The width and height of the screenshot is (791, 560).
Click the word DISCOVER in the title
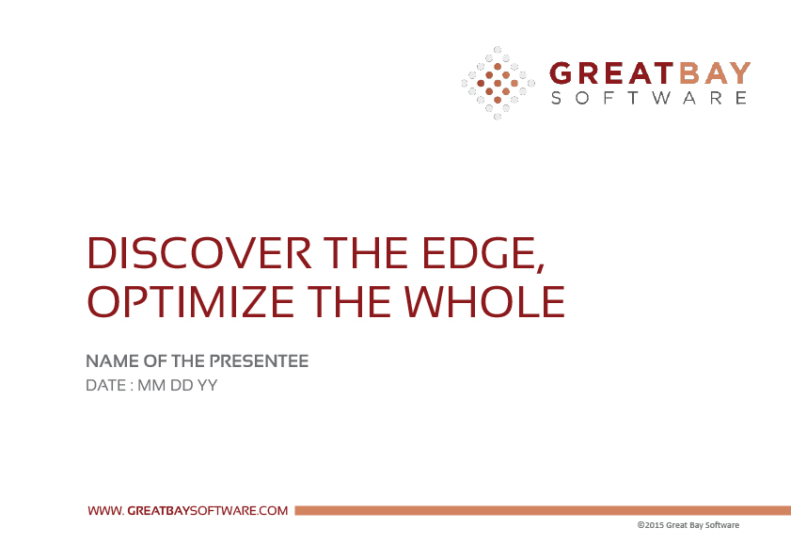pyautogui.click(x=199, y=253)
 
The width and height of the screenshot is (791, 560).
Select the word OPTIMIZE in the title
pyautogui.click(x=191, y=301)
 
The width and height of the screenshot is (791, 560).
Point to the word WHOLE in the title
pyautogui.click(x=484, y=301)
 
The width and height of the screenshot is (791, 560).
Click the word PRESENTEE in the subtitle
pyautogui.click(x=259, y=361)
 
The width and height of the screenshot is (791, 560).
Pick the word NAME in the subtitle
pyautogui.click(x=113, y=361)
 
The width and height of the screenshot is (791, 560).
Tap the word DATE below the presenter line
pyautogui.click(x=106, y=385)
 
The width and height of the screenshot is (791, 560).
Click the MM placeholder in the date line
pyautogui.click(x=151, y=385)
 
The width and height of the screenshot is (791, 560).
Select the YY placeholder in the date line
pyautogui.click(x=207, y=385)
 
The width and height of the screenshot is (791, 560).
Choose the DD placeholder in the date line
pyautogui.click(x=182, y=385)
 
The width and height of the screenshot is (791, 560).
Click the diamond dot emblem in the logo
pyautogui.click(x=498, y=83)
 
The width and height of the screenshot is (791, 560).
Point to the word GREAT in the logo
pyautogui.click(x=611, y=73)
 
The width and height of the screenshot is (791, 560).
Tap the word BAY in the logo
pyautogui.click(x=715, y=73)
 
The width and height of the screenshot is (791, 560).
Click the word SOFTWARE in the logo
pyautogui.click(x=649, y=98)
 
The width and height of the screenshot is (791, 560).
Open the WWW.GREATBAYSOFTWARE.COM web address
pyautogui.click(x=188, y=510)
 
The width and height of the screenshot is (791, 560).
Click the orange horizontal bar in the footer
pyautogui.click(x=543, y=510)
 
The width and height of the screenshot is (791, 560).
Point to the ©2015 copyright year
pyautogui.click(x=650, y=525)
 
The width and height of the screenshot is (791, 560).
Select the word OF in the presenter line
pyautogui.click(x=155, y=361)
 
